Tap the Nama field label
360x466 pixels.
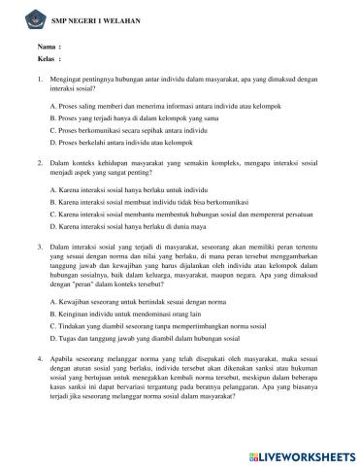pos(47,47)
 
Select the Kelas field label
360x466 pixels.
pos(47,60)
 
